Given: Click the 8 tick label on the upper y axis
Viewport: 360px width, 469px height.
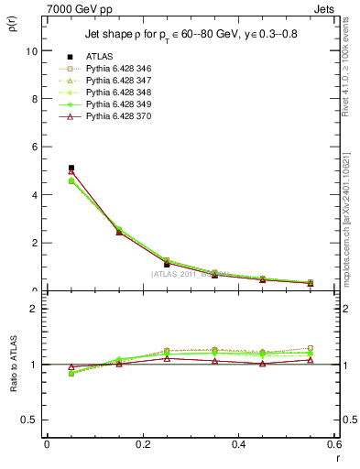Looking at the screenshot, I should click(34, 99).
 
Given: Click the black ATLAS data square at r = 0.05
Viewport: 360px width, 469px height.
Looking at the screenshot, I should click(71, 168).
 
